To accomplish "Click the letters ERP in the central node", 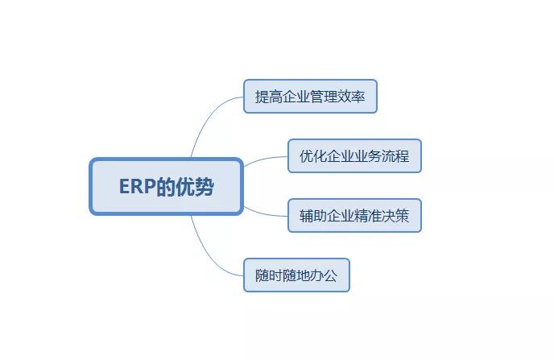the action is coord(138,187).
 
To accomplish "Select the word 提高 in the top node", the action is coord(269,97).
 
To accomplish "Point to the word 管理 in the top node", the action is coord(324,97).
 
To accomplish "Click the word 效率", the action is coord(351,97).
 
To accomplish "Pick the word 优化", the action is coord(313,156).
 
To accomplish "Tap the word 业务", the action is coord(368,156).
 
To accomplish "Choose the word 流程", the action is coord(395,156).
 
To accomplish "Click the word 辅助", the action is coord(313,216).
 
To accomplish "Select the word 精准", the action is coord(368,216).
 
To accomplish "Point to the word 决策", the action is coord(395,216).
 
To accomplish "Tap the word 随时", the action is coord(269,275).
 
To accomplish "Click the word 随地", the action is coord(296,275).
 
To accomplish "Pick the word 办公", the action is coord(324,275).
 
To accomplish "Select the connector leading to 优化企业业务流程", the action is coord(264,159).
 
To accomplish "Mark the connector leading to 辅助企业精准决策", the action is coord(264,213).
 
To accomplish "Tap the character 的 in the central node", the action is coord(166,187).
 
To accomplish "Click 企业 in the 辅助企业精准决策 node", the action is coord(341,216).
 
